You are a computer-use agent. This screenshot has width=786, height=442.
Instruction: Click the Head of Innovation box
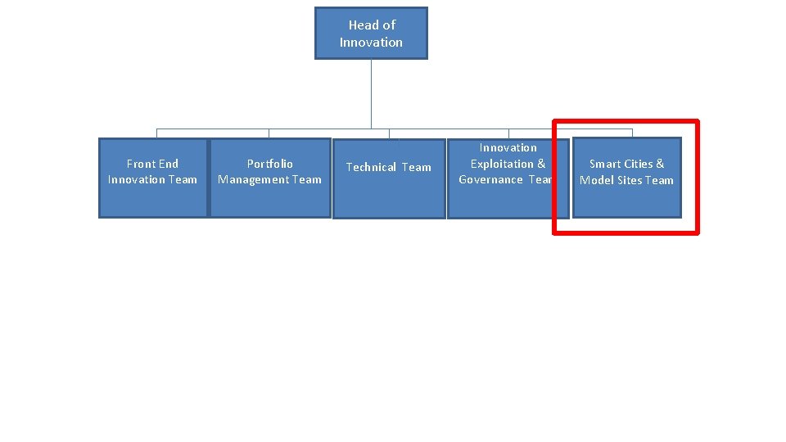371,34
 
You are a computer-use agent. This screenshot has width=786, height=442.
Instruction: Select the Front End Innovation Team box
153,178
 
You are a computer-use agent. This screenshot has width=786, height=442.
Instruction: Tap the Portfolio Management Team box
270,178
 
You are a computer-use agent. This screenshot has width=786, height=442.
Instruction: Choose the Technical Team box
389,178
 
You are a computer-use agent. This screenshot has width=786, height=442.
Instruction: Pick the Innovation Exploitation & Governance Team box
508,178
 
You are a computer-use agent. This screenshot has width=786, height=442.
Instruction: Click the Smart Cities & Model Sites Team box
626,178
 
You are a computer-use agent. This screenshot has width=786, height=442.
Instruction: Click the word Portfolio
270,164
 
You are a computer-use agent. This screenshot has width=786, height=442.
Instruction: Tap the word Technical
371,167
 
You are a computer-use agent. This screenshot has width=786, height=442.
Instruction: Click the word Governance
490,179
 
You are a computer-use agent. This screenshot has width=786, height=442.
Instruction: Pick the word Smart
605,164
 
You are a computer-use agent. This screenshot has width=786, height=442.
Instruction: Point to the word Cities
639,164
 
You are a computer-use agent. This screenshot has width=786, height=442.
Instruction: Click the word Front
141,164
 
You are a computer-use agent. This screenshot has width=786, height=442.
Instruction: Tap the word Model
596,180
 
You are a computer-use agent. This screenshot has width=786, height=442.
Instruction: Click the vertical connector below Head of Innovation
371,94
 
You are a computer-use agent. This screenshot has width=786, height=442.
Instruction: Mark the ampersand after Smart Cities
660,164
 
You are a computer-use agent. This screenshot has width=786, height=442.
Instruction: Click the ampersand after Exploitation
541,164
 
